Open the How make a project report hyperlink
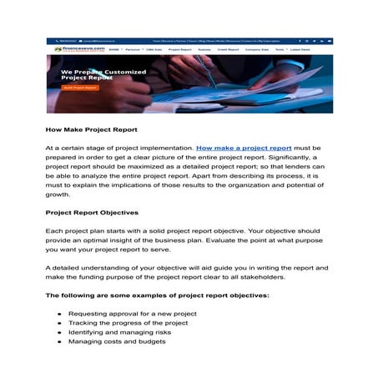tap(244, 147)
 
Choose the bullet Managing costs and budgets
tap(118, 342)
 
